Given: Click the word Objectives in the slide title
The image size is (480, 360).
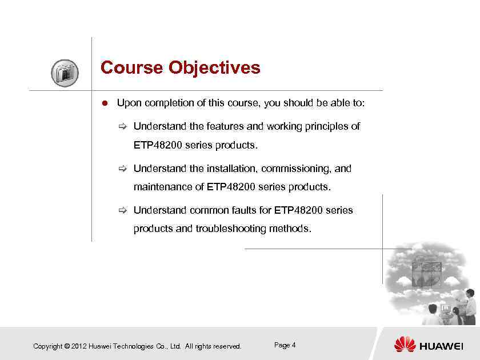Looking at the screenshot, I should (214, 68).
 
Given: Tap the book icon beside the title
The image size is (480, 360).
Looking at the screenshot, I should (65, 73).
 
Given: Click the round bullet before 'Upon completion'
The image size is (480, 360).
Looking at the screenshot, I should (105, 103).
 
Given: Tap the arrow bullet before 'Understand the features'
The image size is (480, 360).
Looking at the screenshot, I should (122, 126).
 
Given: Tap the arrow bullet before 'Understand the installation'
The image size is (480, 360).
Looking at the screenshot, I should (122, 169).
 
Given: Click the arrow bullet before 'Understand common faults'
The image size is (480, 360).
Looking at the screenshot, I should (122, 210).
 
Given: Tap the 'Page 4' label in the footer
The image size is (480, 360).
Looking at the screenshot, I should (285, 345).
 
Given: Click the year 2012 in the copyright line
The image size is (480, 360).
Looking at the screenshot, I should (79, 346).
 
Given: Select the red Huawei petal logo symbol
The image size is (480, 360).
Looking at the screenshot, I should (405, 345).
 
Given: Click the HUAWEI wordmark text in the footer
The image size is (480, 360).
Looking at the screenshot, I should (441, 346).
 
